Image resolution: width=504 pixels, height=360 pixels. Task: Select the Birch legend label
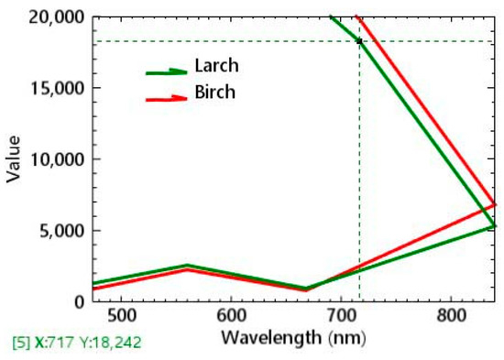214,93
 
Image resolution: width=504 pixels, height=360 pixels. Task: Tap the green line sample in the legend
167,71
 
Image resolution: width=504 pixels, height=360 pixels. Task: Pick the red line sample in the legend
167,96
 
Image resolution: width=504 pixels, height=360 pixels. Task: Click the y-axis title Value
14,159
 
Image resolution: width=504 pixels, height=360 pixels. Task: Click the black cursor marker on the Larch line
359,41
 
